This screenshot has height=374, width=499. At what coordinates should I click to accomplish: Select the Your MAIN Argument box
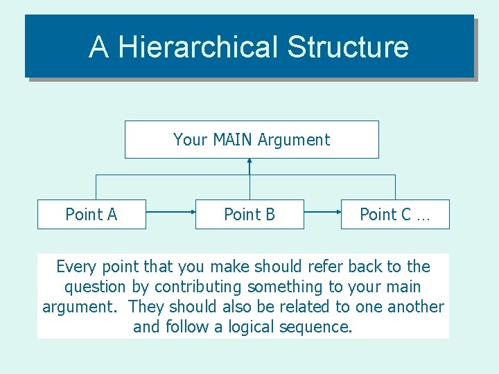tap(252, 139)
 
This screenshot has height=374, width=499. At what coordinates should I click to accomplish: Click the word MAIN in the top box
tap(234, 139)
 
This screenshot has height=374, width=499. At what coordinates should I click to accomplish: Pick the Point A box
tap(91, 215)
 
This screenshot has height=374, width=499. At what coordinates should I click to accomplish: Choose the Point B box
tap(249, 215)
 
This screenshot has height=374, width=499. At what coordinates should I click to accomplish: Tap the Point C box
tap(395, 215)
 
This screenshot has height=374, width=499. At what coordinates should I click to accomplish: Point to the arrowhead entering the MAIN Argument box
tap(249, 161)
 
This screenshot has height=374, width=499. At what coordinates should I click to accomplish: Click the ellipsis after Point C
tap(423, 216)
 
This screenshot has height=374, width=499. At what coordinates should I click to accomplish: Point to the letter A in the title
tap(99, 47)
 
